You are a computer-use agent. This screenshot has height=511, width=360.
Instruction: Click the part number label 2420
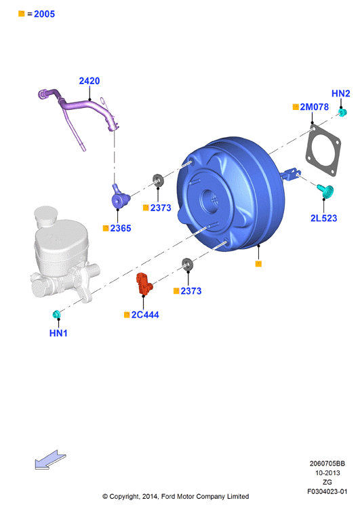click(89, 81)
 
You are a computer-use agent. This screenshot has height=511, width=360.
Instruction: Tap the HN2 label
click(340, 94)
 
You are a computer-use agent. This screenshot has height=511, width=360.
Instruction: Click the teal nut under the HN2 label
click(342, 113)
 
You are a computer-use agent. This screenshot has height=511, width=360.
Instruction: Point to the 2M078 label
click(314, 107)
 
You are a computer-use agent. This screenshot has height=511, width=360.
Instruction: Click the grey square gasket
click(323, 150)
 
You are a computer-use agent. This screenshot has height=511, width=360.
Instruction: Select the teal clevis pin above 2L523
click(325, 191)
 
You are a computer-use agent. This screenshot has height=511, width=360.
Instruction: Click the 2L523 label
click(323, 219)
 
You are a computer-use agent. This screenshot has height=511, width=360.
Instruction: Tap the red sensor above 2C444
click(144, 284)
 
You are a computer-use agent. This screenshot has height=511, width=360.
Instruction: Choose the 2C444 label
click(145, 315)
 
